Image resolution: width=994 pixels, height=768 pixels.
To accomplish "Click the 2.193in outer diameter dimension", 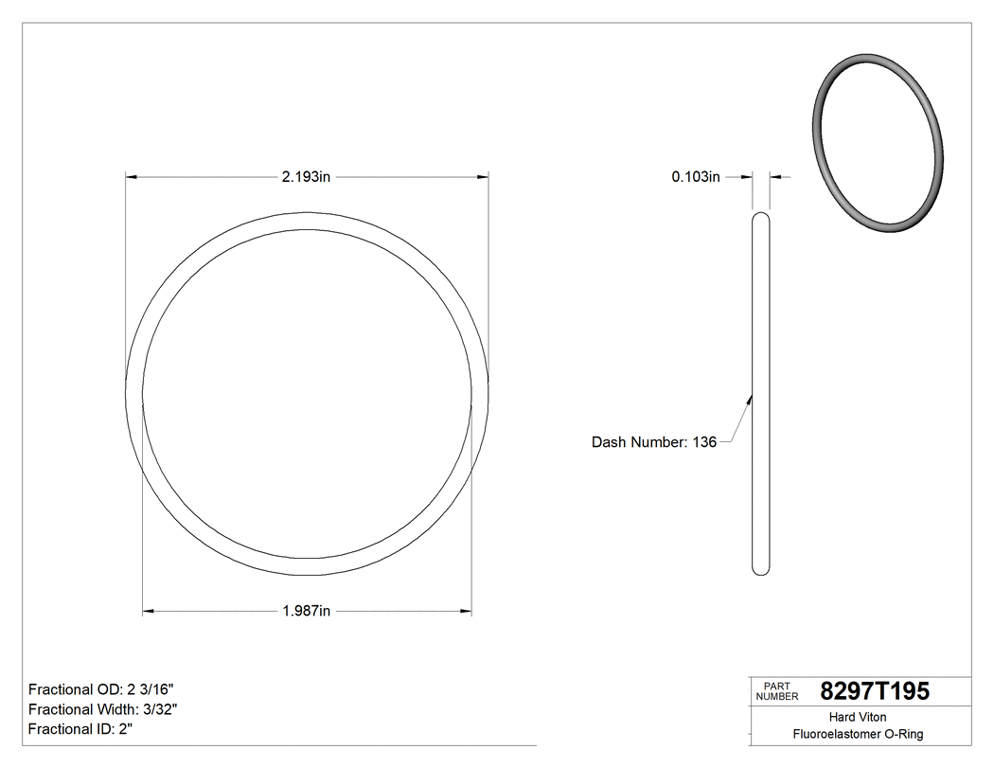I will (x=305, y=176).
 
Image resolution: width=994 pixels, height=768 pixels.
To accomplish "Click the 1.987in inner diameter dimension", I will (x=306, y=612).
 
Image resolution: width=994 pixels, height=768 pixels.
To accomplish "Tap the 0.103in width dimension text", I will (x=696, y=176).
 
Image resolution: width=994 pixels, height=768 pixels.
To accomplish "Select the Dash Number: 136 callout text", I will (x=653, y=442).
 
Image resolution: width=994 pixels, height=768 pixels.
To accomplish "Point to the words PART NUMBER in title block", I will (x=776, y=691).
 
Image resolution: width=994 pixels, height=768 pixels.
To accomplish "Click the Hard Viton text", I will (x=858, y=718).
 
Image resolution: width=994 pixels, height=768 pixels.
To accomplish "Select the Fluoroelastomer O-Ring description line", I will (x=858, y=734).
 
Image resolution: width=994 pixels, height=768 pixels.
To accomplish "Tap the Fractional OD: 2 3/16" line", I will (x=101, y=689).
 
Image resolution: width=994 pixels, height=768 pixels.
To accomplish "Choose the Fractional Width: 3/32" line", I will (x=103, y=709).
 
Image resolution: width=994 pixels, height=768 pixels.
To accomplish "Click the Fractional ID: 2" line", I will (x=80, y=729).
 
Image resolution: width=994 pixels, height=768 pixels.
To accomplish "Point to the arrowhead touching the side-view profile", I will (x=750, y=400).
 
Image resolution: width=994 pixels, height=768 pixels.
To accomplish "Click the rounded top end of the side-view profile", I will (x=760, y=217).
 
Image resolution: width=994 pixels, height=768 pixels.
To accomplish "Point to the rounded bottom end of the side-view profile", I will (x=760, y=570).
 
